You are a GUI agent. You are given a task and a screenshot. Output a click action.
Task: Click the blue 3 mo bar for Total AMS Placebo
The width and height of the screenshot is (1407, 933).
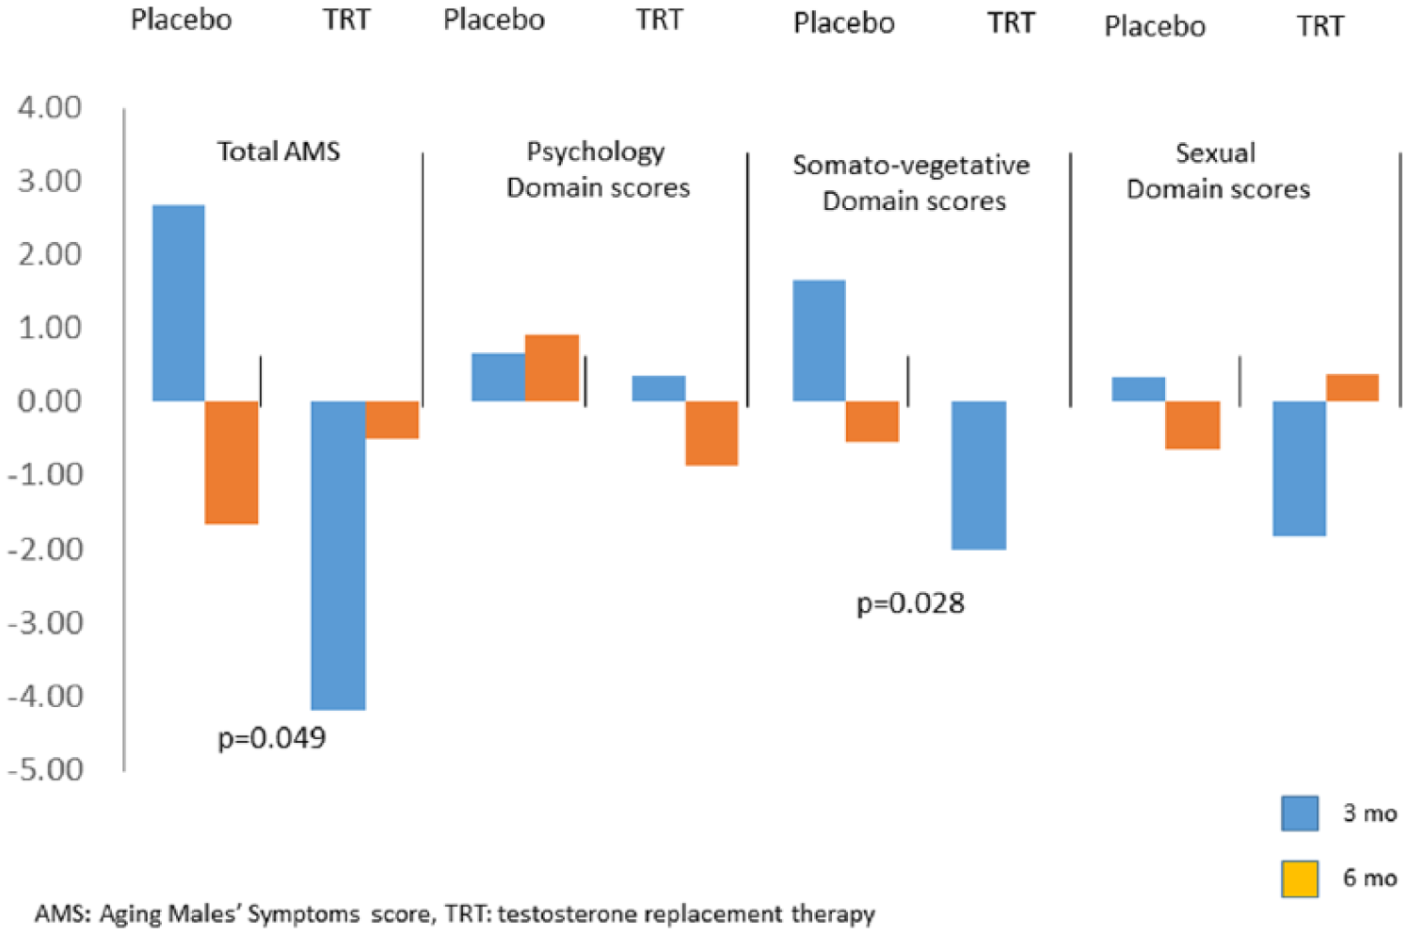coord(179,303)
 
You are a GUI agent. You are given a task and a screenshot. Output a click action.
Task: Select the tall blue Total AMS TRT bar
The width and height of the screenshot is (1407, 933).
coord(338,555)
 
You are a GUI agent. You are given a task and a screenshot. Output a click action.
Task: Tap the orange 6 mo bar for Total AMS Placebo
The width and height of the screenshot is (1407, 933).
coord(232,462)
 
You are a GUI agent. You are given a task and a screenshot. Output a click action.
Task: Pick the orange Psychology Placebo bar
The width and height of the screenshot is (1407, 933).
coord(552,368)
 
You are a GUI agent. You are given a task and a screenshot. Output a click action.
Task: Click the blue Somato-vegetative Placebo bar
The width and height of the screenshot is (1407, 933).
coord(819,341)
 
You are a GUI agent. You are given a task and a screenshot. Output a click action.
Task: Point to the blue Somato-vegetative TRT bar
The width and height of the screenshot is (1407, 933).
coord(979,475)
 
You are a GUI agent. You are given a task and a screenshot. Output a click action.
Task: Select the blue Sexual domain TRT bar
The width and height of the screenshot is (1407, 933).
coord(1299,469)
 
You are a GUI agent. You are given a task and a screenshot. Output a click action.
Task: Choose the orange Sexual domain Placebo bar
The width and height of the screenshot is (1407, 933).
coord(1192,426)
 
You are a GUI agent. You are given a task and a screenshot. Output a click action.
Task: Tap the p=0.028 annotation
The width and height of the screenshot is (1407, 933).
coord(910,603)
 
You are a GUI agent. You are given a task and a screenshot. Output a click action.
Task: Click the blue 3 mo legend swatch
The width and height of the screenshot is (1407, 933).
coord(1300,813)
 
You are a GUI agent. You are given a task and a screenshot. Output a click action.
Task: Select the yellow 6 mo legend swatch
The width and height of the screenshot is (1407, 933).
coord(1300,878)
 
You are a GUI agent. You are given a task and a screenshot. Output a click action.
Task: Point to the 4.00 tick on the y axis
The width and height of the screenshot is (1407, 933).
coord(50,107)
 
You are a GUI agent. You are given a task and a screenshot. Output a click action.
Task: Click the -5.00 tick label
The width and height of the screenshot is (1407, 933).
coord(45,769)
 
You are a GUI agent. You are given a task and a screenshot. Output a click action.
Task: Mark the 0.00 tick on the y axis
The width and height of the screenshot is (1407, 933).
coord(50,401)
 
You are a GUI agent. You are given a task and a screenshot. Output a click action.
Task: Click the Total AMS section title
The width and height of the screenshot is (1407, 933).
coord(279,152)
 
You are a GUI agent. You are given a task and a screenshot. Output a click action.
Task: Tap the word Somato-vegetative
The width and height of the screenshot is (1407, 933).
coord(911,166)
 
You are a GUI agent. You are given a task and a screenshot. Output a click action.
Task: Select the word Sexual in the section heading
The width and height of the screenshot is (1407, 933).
coord(1215,153)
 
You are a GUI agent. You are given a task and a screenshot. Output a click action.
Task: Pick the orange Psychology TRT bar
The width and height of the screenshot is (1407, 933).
coord(711,433)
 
